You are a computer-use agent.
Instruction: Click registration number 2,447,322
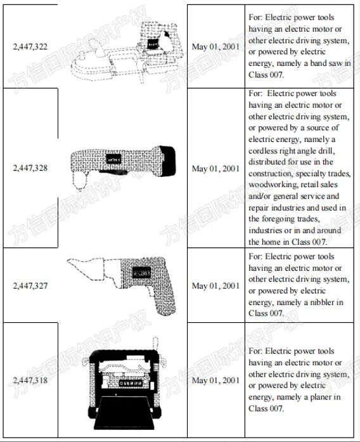click(x=30, y=47)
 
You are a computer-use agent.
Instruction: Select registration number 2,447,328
click(x=30, y=169)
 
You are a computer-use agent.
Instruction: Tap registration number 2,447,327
click(x=30, y=285)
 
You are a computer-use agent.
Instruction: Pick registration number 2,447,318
click(x=30, y=380)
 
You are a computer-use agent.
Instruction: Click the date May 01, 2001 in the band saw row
click(x=215, y=47)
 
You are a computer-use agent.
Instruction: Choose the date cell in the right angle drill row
click(x=215, y=169)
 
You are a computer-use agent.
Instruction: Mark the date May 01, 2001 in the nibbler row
click(x=215, y=285)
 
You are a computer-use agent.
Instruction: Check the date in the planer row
click(x=215, y=380)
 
